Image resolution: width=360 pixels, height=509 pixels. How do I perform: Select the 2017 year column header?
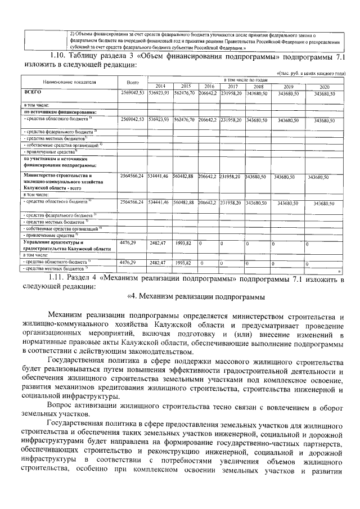(232, 86)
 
